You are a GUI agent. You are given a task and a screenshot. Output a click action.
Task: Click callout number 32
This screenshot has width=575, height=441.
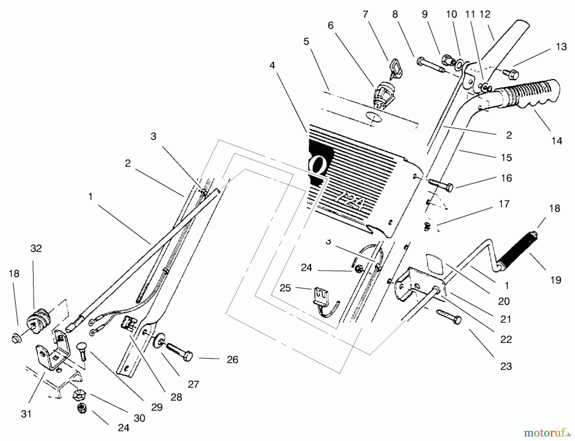[x=36, y=248]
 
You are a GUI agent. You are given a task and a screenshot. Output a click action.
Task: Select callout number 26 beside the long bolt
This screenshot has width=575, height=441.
[x=232, y=360]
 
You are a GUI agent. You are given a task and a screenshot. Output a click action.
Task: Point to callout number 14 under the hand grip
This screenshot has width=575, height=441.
[x=556, y=141]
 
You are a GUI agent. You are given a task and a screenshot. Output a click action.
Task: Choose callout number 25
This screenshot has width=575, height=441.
[x=285, y=288]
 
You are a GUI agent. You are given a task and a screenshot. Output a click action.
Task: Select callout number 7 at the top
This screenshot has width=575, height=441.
[x=365, y=14]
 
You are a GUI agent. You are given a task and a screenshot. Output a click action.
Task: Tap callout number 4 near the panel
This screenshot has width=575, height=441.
[x=272, y=65]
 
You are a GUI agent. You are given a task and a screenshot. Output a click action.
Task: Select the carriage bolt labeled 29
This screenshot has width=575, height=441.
[x=82, y=351]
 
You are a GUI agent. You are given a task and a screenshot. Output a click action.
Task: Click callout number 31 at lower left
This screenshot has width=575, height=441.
[x=26, y=414]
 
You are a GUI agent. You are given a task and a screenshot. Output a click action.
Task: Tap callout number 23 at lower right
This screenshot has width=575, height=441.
[x=506, y=366]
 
